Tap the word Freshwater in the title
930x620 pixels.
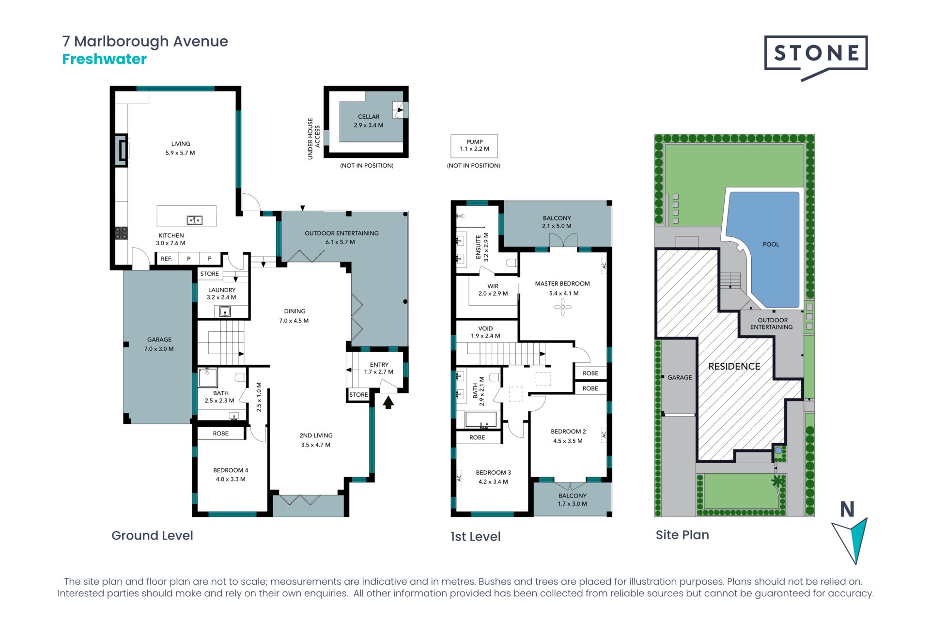(104, 59)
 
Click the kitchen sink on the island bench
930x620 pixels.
(194, 220)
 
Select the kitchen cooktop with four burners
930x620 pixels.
(121, 233)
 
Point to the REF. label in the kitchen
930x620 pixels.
(166, 259)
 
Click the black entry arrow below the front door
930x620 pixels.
(388, 403)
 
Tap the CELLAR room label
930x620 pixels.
(369, 117)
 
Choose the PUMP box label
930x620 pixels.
(474, 142)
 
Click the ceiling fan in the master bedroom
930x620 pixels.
(562, 307)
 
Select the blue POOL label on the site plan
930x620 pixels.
(771, 245)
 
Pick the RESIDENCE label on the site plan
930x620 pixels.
(734, 367)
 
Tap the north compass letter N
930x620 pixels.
(847, 510)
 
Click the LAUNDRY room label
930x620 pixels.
(222, 290)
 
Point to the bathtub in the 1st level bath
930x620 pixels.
(480, 419)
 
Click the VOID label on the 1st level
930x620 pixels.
(485, 328)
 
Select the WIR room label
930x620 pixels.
(493, 286)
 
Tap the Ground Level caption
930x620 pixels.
(152, 536)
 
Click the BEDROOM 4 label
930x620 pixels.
(231, 470)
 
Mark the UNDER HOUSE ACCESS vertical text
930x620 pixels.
(314, 139)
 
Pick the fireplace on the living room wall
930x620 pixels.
(122, 150)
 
